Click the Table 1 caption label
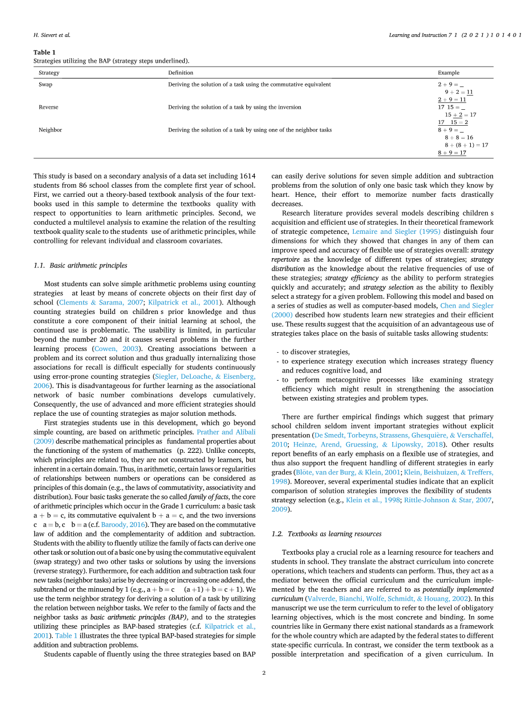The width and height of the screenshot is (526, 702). pyautogui.click(x=44, y=52)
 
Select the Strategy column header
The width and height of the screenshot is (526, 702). pyautogui.click(x=49, y=73)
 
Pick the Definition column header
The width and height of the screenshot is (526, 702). pyautogui.click(x=180, y=73)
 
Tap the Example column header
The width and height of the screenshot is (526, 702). pyautogui.click(x=448, y=73)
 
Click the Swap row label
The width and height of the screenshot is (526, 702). pyautogui.click(x=45, y=84)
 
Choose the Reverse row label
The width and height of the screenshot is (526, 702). pyautogui.click(x=48, y=107)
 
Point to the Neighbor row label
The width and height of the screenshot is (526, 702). pyautogui.click(x=50, y=130)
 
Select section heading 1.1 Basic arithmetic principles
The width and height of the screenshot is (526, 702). pyautogui.click(x=80, y=265)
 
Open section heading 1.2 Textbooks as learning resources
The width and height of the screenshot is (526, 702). pyautogui.click(x=326, y=534)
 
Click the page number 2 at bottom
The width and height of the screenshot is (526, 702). pyautogui.click(x=263, y=673)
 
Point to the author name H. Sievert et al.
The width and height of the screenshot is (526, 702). pyautogui.click(x=52, y=35)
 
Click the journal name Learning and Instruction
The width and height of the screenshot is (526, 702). pyautogui.click(x=417, y=35)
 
